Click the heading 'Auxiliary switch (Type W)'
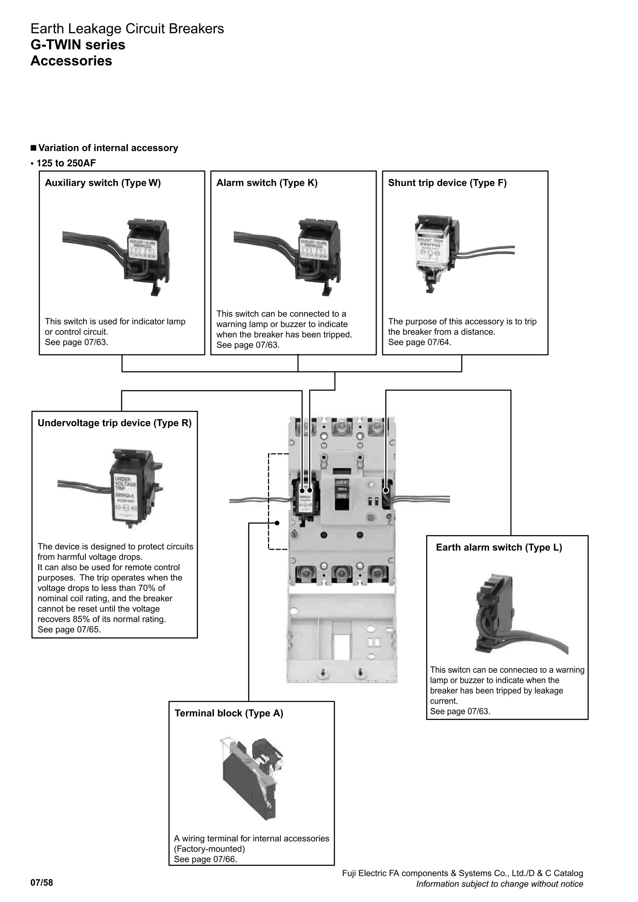pyautogui.click(x=102, y=183)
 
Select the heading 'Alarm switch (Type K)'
pyautogui.click(x=267, y=183)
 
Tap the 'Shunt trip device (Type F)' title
pyautogui.click(x=447, y=183)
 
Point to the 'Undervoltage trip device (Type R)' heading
pyautogui.click(x=114, y=423)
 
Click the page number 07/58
pyautogui.click(x=42, y=883)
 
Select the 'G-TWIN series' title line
pyautogui.click(x=78, y=45)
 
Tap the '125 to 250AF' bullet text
pyautogui.click(x=66, y=163)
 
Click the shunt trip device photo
pyautogui.click(x=440, y=251)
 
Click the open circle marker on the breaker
pyautogui.click(x=386, y=490)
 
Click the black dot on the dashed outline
pyautogui.click(x=277, y=523)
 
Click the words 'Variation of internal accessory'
pyautogui.click(x=108, y=148)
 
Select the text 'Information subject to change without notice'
pyautogui.click(x=499, y=884)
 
